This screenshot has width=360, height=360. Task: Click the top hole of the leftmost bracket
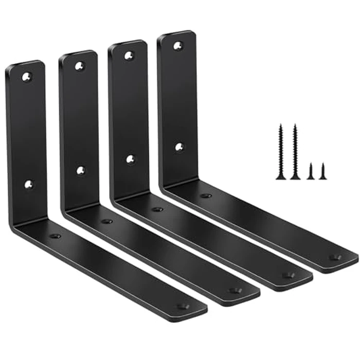(26, 77)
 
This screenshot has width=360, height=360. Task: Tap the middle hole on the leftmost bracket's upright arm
(28, 183)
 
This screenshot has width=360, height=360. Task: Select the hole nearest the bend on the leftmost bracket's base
(55, 236)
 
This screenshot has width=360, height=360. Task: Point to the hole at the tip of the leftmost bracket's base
(183, 306)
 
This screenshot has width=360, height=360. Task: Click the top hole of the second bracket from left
(79, 66)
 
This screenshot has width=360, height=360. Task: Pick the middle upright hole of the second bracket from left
(81, 170)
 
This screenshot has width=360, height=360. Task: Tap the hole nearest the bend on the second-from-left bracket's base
(107, 221)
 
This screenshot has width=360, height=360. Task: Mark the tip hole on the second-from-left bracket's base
(235, 291)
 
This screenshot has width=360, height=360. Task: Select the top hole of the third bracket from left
(129, 56)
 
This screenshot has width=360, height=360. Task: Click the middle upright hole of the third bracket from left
(131, 159)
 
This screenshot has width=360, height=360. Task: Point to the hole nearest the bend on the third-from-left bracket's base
(157, 209)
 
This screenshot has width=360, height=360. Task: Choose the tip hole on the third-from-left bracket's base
(289, 275)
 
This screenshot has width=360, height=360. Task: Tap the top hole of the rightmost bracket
(177, 46)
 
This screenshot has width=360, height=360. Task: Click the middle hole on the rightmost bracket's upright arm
(179, 147)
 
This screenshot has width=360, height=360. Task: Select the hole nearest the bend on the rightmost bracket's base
(206, 195)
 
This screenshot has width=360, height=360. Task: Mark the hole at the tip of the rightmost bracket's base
(335, 257)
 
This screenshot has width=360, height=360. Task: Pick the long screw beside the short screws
(295, 152)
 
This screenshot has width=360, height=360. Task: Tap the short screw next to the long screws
(311, 171)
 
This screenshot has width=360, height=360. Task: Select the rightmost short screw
(323, 171)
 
